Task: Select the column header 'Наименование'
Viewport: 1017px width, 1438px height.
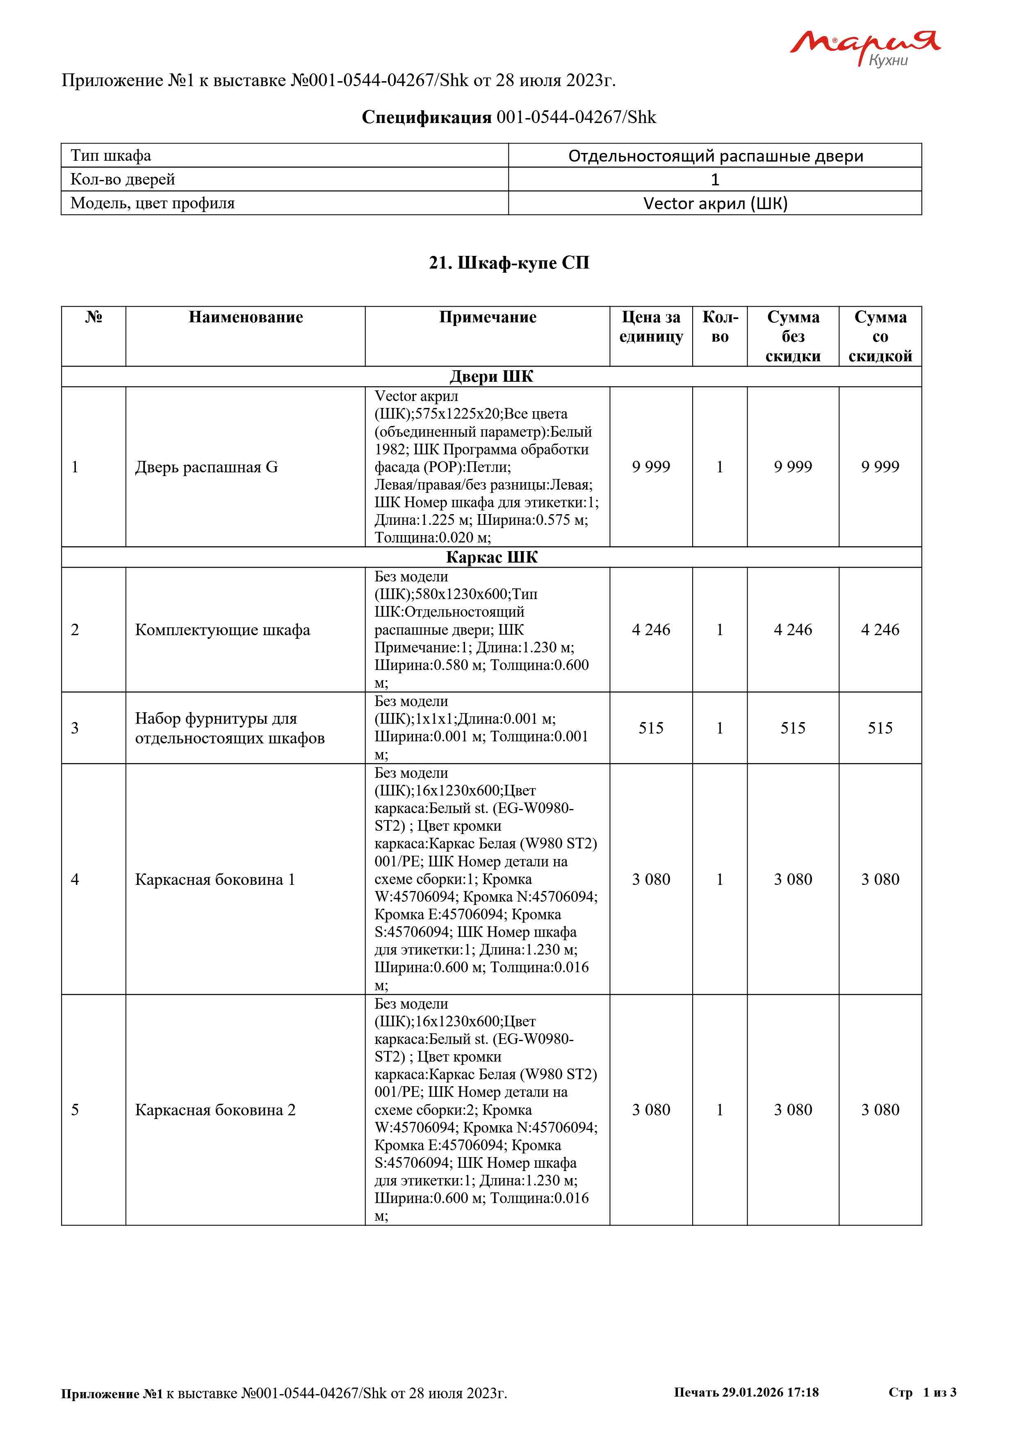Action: coord(246,317)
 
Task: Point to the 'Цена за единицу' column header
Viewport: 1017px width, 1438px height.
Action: coord(651,327)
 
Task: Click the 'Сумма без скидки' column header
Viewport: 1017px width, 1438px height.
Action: coord(793,336)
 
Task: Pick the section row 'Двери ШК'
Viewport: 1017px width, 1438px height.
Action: coord(492,376)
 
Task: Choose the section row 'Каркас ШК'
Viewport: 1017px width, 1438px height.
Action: coord(492,557)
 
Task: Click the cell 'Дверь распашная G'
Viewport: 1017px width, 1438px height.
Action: coord(207,467)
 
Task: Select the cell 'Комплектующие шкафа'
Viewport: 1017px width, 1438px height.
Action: coord(222,630)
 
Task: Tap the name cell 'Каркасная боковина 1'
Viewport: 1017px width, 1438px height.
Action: coord(215,880)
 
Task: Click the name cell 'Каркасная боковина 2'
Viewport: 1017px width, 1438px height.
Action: coord(215,1110)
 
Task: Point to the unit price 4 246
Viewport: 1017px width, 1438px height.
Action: coord(651,630)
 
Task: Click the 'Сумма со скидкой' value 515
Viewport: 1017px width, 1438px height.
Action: coord(880,728)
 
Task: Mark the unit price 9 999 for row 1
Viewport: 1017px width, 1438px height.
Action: coord(651,467)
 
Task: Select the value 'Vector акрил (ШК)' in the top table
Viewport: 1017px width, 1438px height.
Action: coord(715,203)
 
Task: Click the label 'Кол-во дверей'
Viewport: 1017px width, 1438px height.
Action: coord(123,180)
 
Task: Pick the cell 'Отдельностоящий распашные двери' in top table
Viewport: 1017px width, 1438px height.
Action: coord(715,156)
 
